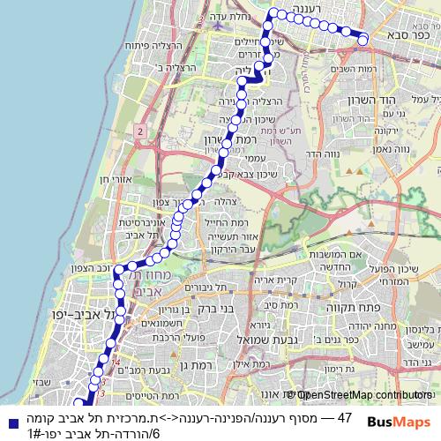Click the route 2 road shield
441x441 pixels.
(x=140, y=131)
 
